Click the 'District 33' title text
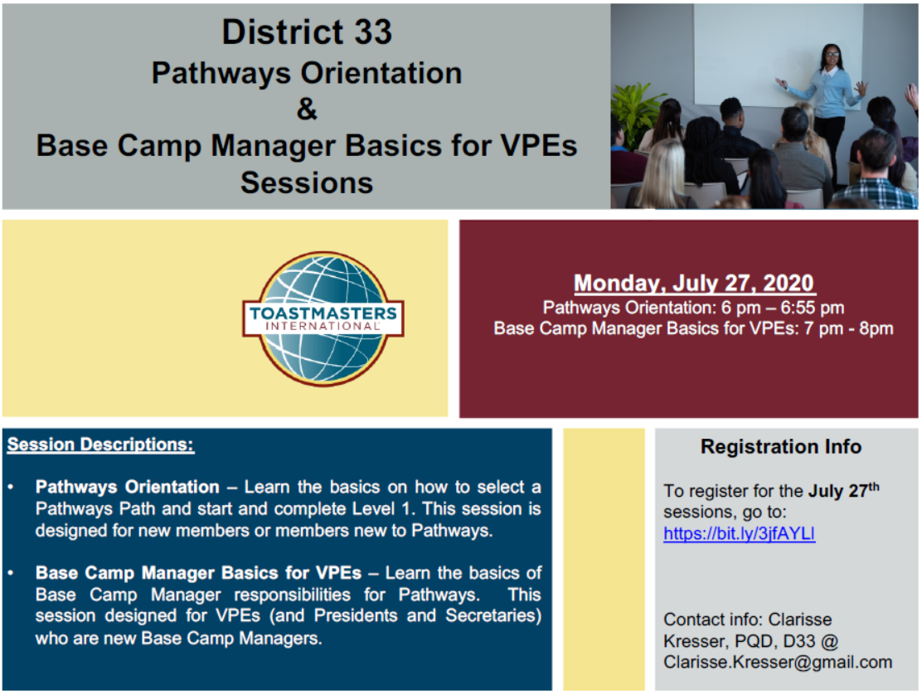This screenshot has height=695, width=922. click(x=306, y=32)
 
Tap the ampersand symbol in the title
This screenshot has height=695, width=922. click(x=306, y=109)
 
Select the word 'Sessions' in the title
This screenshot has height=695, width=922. click(x=306, y=182)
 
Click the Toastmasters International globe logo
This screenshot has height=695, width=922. click(x=323, y=318)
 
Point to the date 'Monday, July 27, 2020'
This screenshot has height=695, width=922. click(x=693, y=283)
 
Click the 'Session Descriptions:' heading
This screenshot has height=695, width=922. click(x=101, y=445)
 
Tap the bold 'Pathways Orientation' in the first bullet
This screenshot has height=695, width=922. click(x=127, y=487)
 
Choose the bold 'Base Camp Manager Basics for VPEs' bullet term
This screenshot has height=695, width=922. click(x=198, y=573)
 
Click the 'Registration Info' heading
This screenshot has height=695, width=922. click(x=780, y=447)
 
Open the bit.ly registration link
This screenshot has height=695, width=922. click(x=739, y=534)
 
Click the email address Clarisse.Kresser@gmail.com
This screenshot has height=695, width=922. click(x=777, y=662)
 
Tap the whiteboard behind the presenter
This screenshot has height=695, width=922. click(x=746, y=50)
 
